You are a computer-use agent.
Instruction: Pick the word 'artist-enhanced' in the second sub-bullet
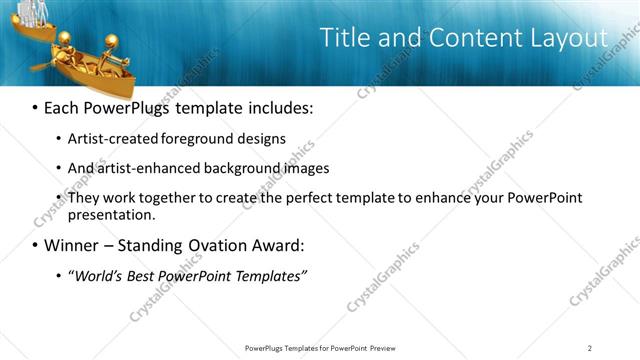pos(147,168)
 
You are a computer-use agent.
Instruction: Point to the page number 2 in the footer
pos(590,348)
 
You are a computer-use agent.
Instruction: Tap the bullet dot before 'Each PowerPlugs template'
pos(36,107)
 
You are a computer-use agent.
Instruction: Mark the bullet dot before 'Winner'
pos(36,245)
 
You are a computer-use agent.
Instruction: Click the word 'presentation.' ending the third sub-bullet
pos(111,215)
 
